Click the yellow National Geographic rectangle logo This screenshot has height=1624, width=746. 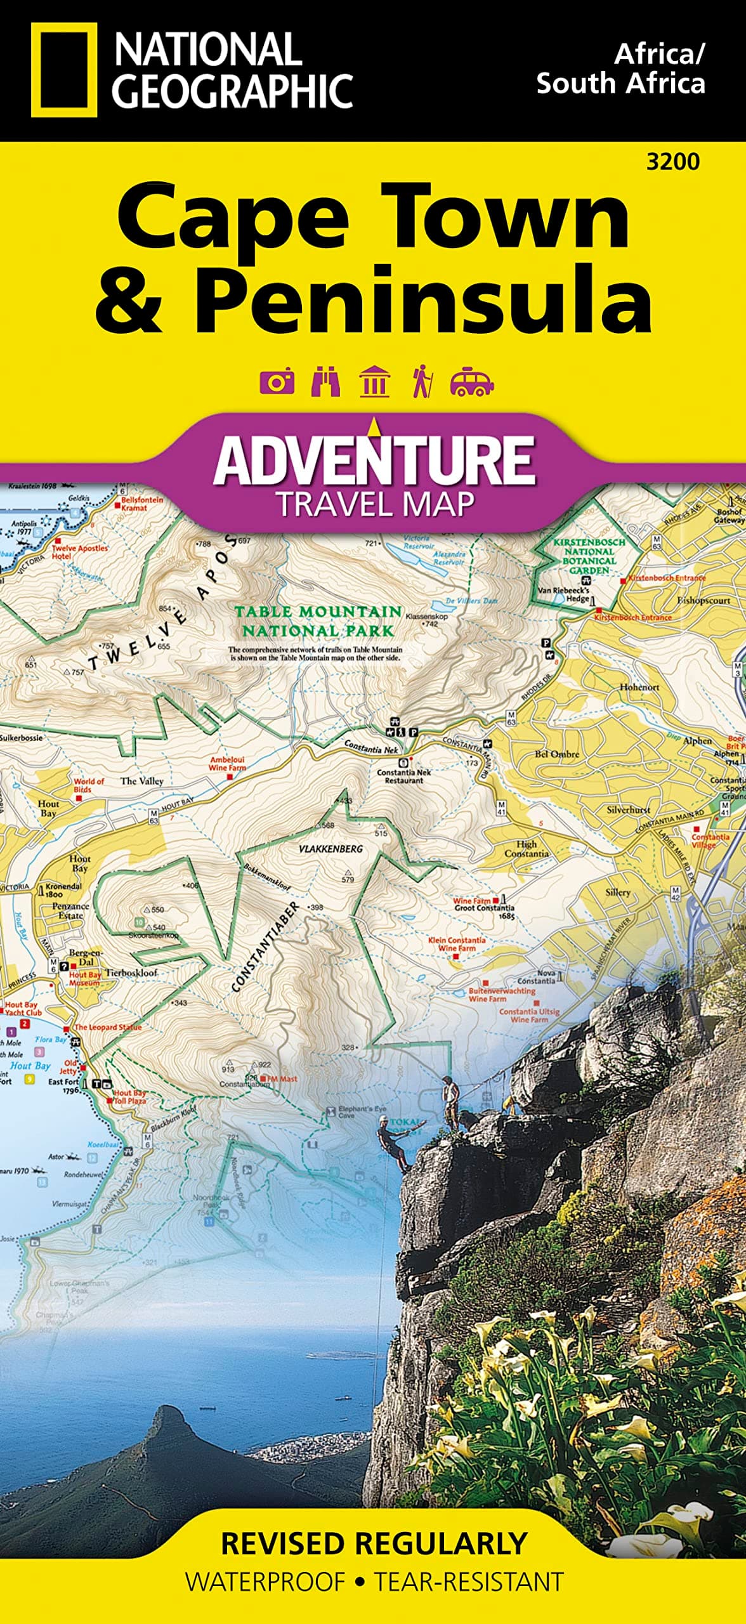(64, 70)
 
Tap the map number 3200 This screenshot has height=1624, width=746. (672, 162)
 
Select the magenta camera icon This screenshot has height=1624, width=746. (277, 383)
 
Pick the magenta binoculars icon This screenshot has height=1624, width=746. (325, 383)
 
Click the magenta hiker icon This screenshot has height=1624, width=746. (422, 382)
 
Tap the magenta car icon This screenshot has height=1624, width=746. (471, 383)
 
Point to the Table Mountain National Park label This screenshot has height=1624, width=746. (318, 621)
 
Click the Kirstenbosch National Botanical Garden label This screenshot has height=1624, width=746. (589, 556)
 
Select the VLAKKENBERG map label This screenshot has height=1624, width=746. (330, 849)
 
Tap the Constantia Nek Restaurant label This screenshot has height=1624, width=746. (403, 776)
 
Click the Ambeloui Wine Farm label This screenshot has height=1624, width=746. (228, 764)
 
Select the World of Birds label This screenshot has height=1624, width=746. (89, 785)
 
